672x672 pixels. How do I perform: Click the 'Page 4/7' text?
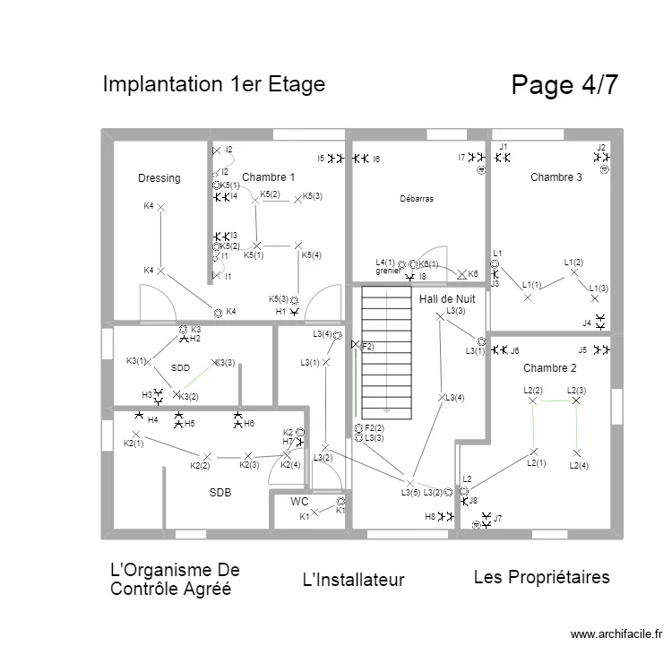[564, 85]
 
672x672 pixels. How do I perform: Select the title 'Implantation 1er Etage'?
[213, 84]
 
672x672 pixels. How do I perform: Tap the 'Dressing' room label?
[159, 178]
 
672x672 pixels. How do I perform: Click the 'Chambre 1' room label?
[268, 177]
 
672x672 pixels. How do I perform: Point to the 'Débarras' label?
[417, 199]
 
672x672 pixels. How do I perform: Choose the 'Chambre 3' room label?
[556, 177]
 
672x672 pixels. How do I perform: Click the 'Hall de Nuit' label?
[447, 298]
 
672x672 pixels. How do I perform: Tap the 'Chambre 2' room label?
[549, 368]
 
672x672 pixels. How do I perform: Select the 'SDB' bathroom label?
[220, 492]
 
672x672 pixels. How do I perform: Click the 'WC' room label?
[299, 502]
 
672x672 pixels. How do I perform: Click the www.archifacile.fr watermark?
[616, 634]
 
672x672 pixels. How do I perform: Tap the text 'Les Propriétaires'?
[541, 577]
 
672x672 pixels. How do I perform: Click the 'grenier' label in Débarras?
[387, 271]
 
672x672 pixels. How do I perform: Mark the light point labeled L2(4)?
[576, 452]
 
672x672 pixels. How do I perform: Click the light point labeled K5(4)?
[297, 245]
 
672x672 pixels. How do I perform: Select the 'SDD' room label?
[180, 368]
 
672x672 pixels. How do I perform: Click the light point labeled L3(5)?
[411, 482]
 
